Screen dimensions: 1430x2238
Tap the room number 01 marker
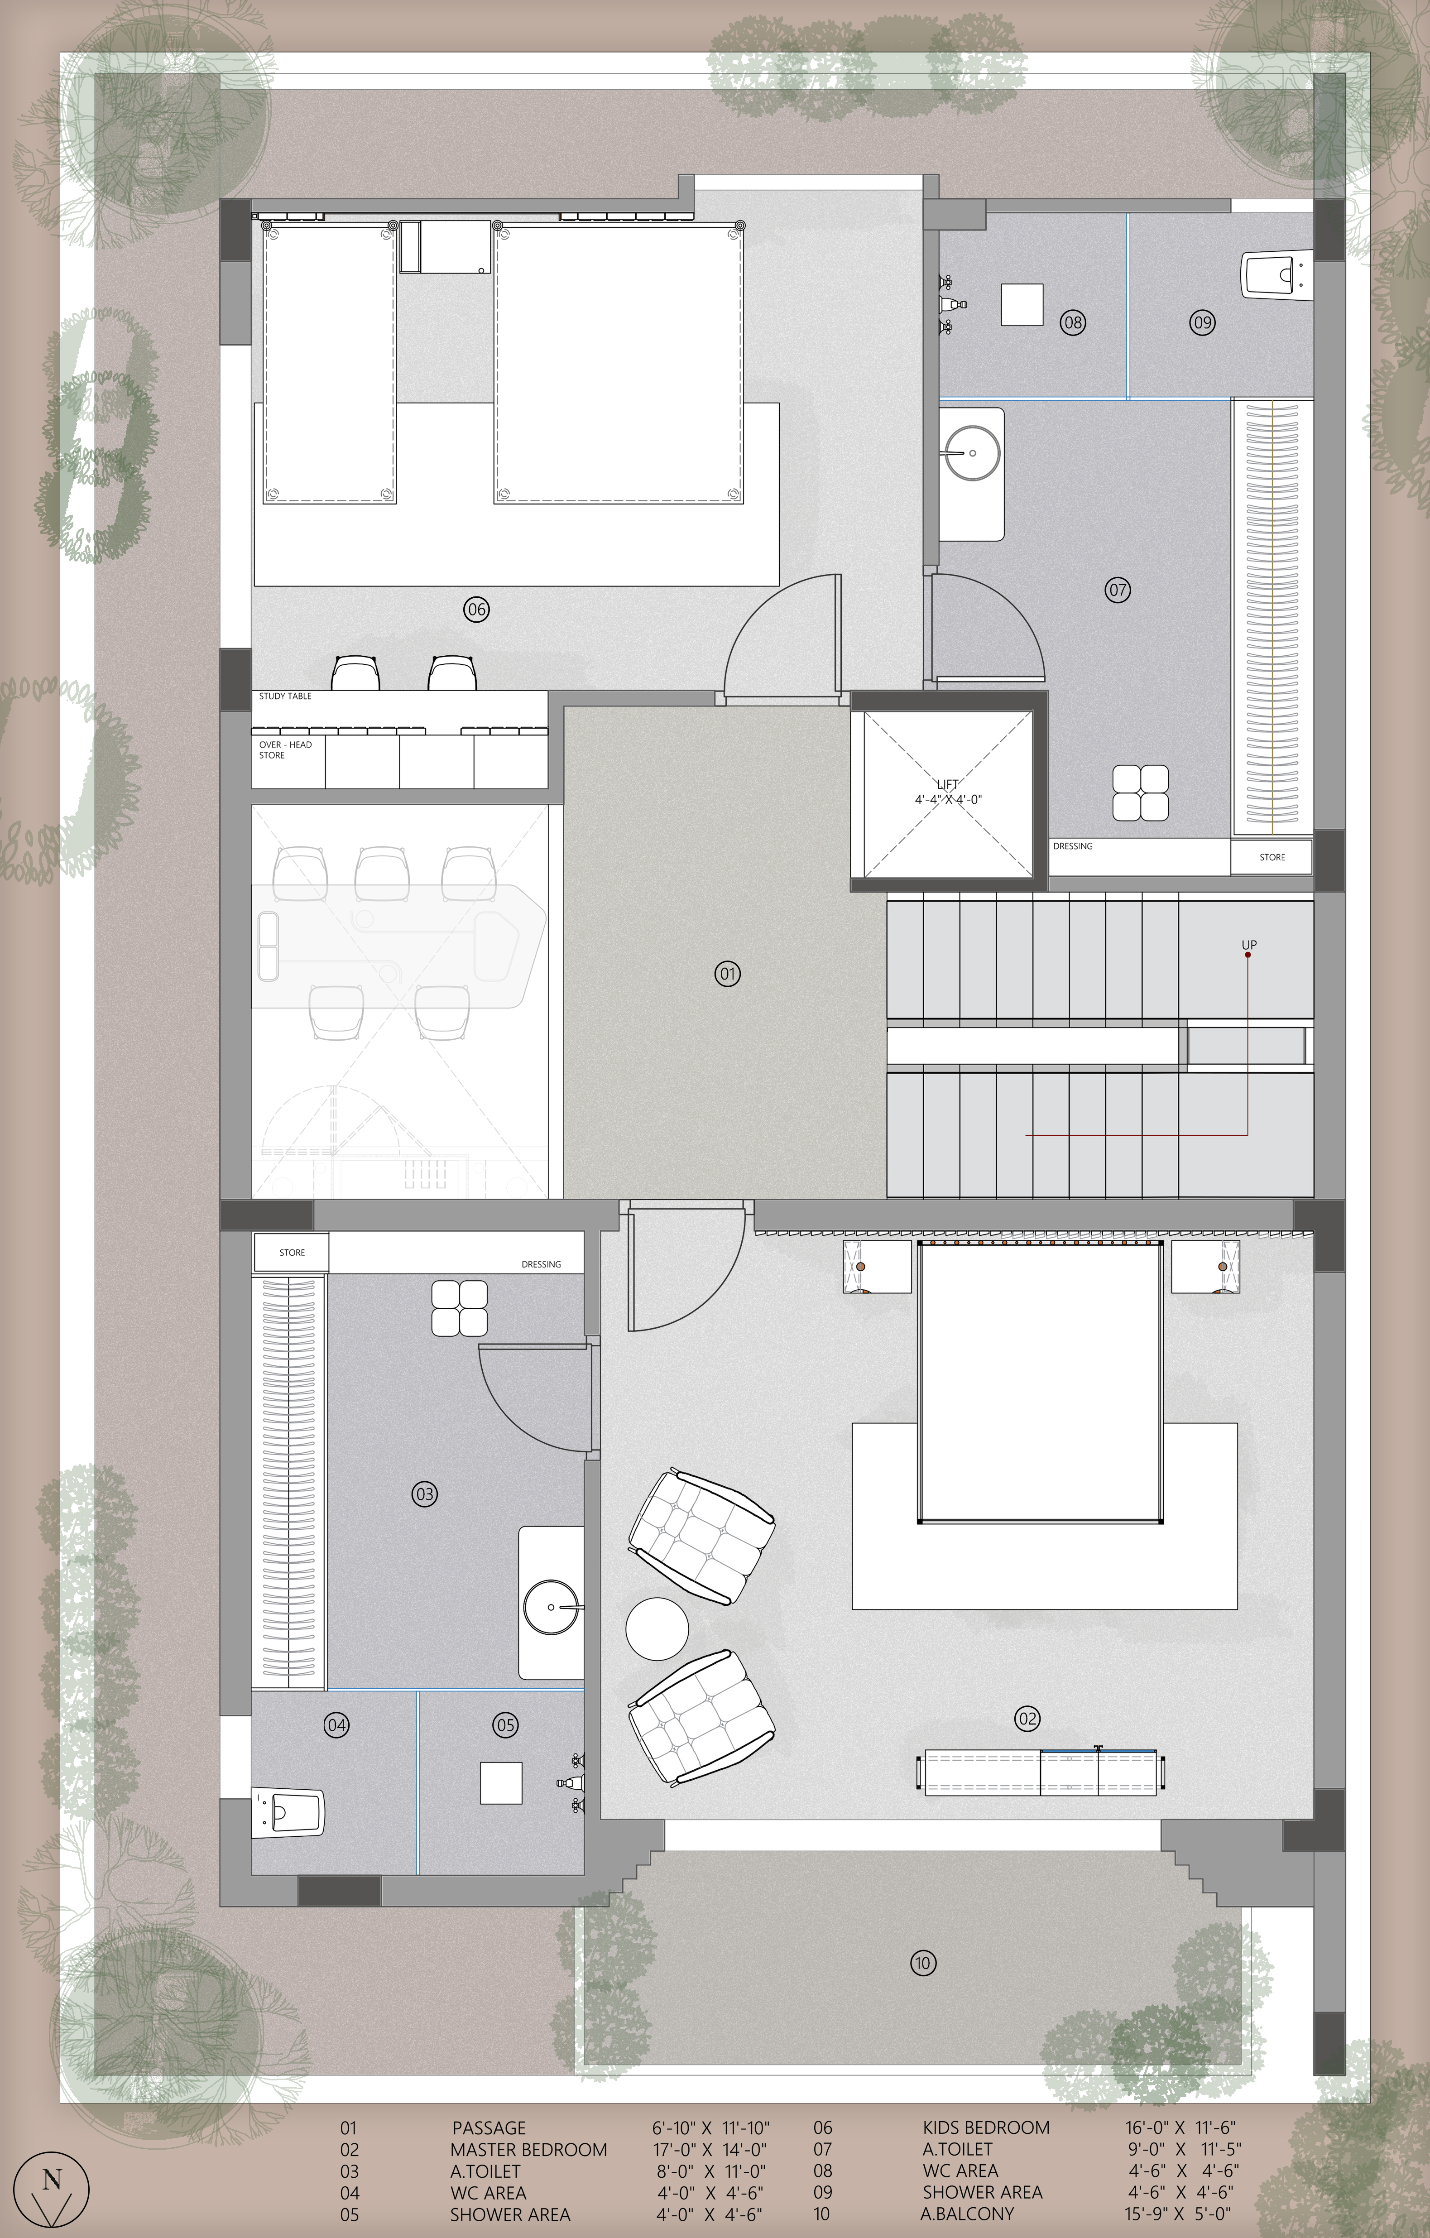728,974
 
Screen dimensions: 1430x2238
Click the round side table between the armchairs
657,1628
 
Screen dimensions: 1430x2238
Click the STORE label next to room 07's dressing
1272,857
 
